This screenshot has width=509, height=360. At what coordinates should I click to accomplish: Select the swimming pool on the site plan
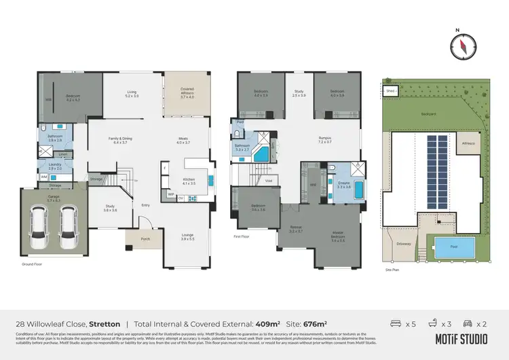pos(449,248)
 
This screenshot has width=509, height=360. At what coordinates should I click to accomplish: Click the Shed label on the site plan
pos(390,90)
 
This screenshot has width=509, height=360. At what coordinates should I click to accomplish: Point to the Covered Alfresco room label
pos(187,92)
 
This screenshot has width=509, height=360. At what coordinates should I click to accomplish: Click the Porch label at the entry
pos(145,238)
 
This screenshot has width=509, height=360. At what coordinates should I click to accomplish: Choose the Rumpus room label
pos(325,140)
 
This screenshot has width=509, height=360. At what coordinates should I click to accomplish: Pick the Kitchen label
pos(188,181)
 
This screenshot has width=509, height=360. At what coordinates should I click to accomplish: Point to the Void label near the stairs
pos(268,181)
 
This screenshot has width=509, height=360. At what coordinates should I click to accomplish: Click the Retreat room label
pos(296,229)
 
